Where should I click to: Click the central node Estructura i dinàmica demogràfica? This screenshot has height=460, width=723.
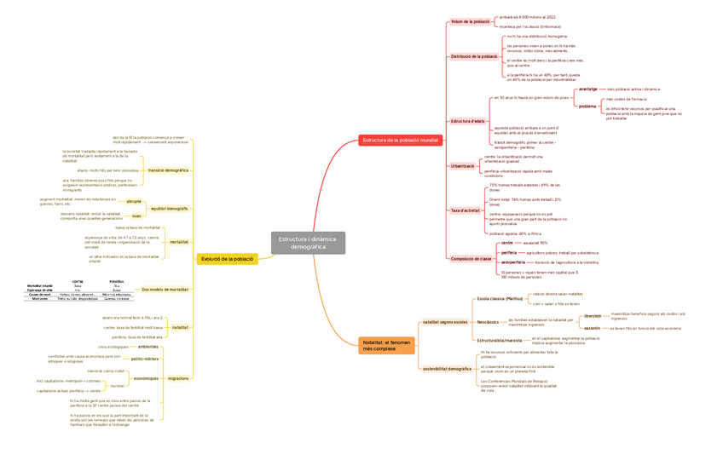click(308, 243)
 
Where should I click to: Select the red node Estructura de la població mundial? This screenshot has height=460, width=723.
click(400, 140)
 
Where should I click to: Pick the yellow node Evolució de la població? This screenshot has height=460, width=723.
click(228, 259)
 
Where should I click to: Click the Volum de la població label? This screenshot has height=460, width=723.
click(471, 21)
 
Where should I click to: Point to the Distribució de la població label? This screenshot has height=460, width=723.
click(474, 57)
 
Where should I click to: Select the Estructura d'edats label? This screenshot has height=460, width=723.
click(467, 121)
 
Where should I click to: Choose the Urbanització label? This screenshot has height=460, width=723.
click(463, 166)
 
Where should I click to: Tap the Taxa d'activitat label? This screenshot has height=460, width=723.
click(466, 210)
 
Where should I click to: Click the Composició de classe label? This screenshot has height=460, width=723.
click(471, 258)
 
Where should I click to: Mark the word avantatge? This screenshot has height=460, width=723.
click(587, 89)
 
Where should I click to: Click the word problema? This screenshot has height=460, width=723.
click(587, 106)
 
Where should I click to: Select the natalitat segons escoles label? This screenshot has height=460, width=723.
click(445, 322)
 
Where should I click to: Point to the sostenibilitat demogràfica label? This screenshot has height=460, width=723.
click(447, 369)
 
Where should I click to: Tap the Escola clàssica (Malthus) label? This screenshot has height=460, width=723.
click(500, 299)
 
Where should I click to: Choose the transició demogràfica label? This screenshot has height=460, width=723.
click(168, 170)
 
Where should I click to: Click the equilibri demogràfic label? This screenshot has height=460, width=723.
click(169, 209)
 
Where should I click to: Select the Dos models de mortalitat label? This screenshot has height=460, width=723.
click(165, 290)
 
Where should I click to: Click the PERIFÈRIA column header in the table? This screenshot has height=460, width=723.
click(116, 281)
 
